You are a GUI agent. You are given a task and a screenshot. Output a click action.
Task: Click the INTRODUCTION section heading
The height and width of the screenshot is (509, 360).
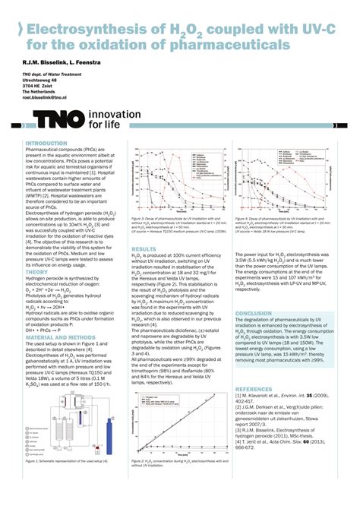(x=47, y=143)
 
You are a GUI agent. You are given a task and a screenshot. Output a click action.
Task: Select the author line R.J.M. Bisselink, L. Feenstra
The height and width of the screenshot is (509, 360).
(x=59, y=61)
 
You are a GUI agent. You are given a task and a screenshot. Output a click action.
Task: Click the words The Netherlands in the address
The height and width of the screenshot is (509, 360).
(x=43, y=92)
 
